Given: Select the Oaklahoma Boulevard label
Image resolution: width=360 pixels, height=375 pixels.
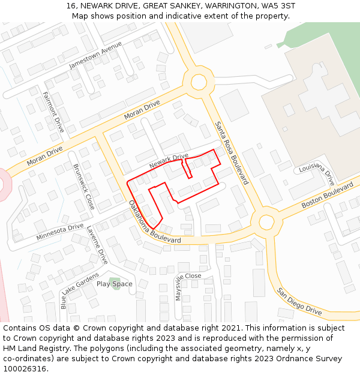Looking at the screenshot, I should coord(154,222).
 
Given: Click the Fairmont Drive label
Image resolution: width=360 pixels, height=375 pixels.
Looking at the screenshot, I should coord(53,112).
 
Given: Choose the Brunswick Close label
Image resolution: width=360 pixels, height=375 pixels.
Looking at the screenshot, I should coord(83,186).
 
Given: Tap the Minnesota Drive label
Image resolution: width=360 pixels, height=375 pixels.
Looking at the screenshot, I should coord(59,231).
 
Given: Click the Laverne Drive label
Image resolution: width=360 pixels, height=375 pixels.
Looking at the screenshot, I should coord(97,245).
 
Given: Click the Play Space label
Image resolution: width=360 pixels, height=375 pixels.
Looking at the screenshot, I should coord(115,284).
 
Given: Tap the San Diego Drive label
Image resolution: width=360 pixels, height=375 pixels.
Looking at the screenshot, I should coord(299,301).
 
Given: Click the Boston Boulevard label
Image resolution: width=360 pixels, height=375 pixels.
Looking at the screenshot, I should coord(328,196).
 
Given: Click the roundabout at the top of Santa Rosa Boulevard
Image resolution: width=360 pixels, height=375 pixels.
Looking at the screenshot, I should coord(199,82).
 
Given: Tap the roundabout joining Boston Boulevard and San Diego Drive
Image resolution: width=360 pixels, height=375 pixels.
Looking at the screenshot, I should coord(266,222).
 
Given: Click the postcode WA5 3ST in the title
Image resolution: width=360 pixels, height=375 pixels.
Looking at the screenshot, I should coord(278,6).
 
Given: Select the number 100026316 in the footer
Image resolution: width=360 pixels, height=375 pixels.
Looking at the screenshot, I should coord(24,368).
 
